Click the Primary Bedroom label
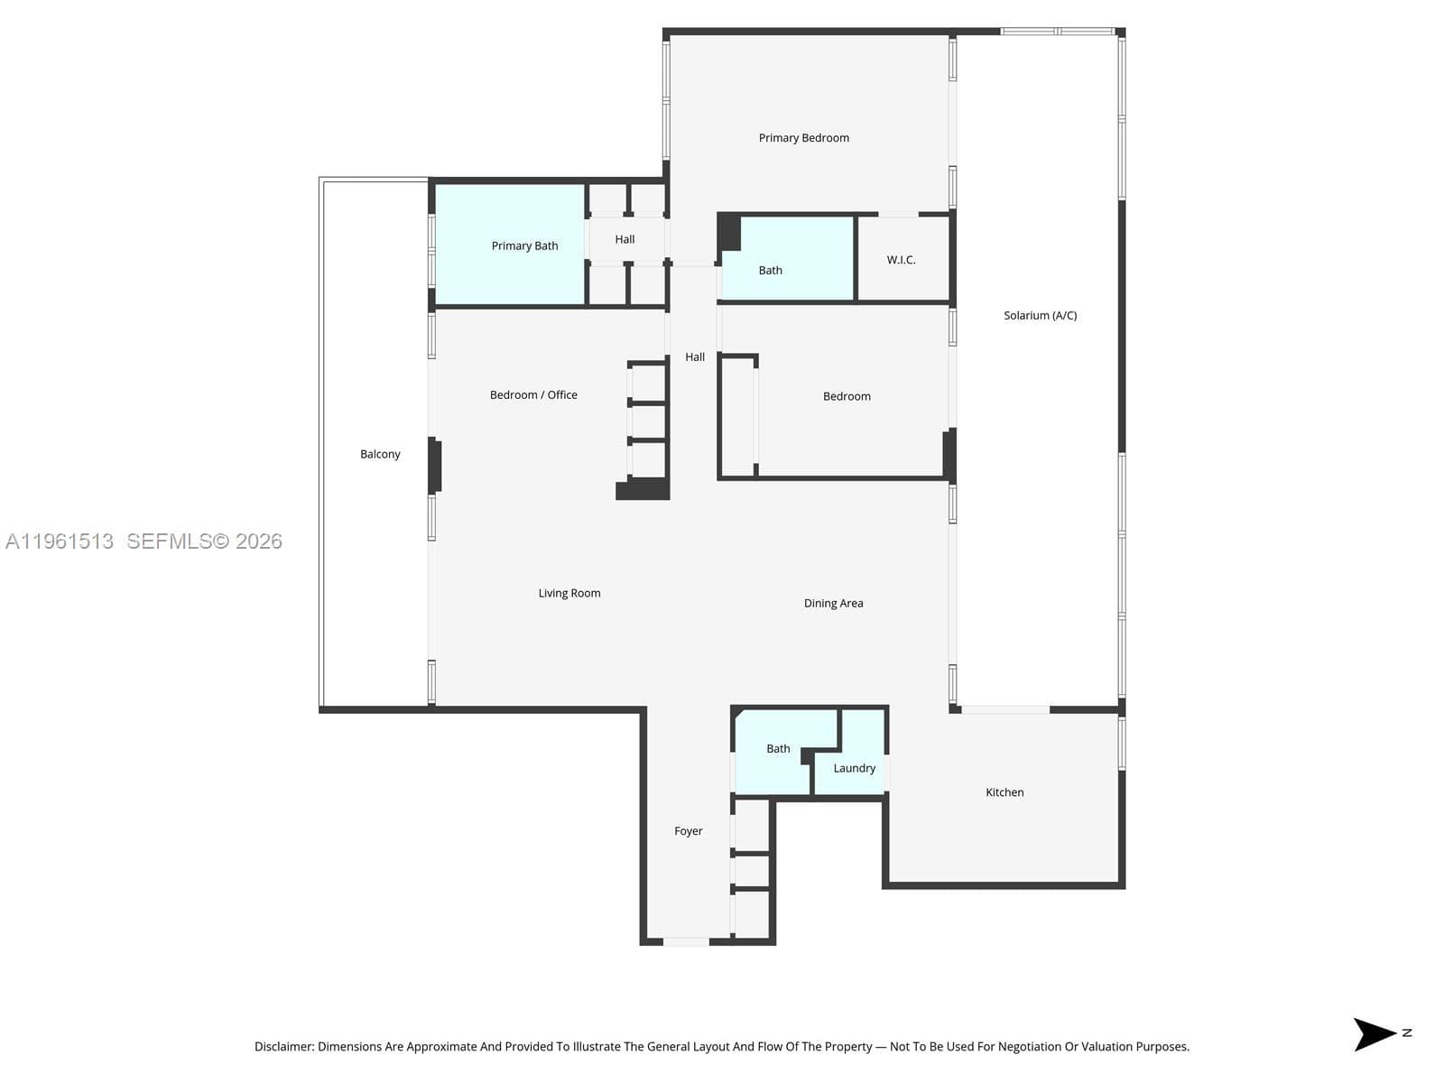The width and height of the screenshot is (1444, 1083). pos(803,138)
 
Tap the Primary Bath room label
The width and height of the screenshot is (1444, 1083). pos(524,245)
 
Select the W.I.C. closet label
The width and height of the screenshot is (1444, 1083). pos(901,260)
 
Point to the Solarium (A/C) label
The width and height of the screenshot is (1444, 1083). pos(1040,316)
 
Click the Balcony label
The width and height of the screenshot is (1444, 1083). pos(380,454)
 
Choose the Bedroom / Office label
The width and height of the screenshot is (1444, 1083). pos(533,394)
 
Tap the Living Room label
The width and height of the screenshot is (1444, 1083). pos(569,593)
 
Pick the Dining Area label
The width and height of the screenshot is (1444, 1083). pos(833,603)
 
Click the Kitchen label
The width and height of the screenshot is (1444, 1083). pos(1004,792)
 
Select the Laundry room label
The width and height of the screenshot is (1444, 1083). pos(854,768)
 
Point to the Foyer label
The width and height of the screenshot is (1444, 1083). pos(688,831)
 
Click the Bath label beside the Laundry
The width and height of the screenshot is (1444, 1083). pos(778,748)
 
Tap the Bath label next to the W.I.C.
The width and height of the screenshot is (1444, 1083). pos(770,270)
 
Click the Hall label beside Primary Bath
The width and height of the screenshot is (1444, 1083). pos(625,239)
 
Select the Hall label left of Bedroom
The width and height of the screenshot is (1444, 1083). pos(695,357)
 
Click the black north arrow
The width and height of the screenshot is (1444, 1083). pos(1372,1034)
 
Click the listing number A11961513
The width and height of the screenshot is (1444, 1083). pos(60,541)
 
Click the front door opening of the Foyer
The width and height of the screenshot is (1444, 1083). pos(686,941)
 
